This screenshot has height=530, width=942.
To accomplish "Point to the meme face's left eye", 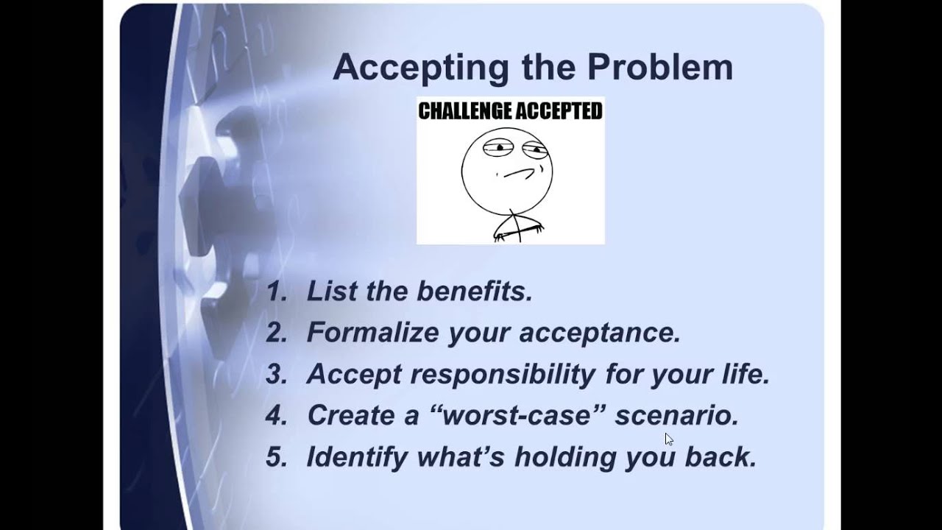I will click(498, 148).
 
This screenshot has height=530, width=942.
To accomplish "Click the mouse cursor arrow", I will click(668, 439).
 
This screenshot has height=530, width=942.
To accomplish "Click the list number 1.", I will click(275, 291).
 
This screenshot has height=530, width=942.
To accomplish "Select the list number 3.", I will click(276, 374).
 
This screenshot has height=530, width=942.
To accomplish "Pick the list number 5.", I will click(276, 457).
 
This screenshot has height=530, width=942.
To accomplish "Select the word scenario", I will click(676, 415).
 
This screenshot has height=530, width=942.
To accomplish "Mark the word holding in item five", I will click(564, 457).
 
